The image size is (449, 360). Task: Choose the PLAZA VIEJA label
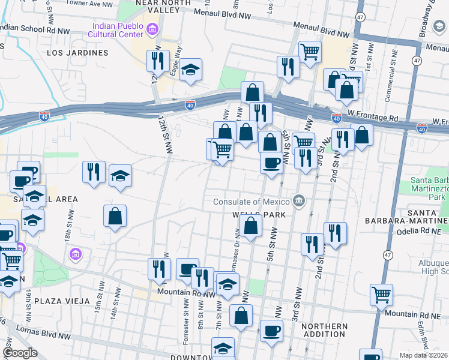tap(62, 301)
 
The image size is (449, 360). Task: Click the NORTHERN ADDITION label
tap(324, 331)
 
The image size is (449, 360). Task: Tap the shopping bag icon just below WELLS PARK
tap(251, 226)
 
